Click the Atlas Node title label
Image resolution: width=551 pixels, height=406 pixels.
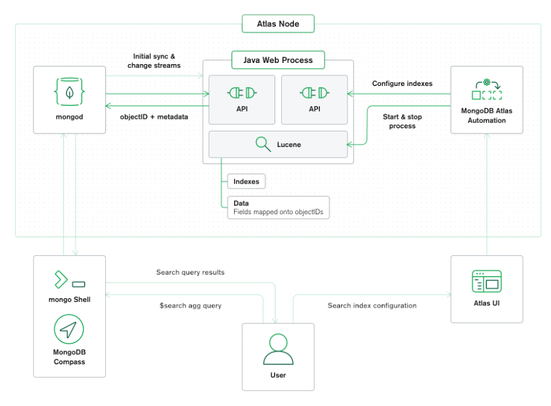pyautogui.click(x=278, y=24)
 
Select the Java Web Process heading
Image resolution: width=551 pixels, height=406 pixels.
pyautogui.click(x=278, y=60)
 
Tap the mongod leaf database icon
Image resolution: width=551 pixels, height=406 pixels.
pyautogui.click(x=69, y=92)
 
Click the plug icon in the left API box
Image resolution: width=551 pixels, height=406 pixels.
pyautogui.click(x=242, y=93)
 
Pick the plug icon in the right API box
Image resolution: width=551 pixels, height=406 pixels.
pyautogui.click(x=314, y=93)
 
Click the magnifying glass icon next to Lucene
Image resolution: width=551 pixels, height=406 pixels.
pyautogui.click(x=263, y=145)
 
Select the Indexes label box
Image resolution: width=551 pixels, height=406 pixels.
pyautogui.click(x=246, y=181)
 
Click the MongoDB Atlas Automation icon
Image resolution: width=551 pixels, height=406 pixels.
pyautogui.click(x=486, y=91)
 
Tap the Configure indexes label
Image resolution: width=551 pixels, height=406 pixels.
pyautogui.click(x=402, y=83)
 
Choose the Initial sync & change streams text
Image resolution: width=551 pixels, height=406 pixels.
pyautogui.click(x=154, y=60)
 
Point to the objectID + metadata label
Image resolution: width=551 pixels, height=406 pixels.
pyautogui.click(x=155, y=116)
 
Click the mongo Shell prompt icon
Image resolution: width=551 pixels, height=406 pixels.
pyautogui.click(x=69, y=280)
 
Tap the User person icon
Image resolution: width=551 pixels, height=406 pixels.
pyautogui.click(x=278, y=349)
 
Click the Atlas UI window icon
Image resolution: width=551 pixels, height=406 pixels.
pyautogui.click(x=486, y=281)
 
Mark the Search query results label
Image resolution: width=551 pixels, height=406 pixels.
pyautogui.click(x=191, y=272)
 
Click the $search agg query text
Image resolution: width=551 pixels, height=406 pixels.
pyautogui.click(x=191, y=305)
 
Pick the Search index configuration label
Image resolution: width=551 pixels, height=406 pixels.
pyautogui.click(x=372, y=305)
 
